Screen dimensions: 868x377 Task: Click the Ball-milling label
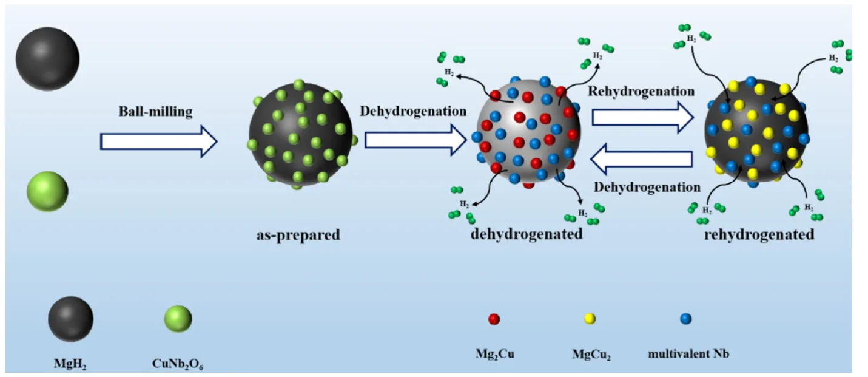tap(155, 112)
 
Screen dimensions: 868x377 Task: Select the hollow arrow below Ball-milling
tap(159, 141)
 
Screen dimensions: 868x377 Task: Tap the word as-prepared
tap(298, 235)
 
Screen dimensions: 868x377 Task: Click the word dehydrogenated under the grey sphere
tap(527, 234)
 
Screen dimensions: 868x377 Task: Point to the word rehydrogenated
tap(759, 235)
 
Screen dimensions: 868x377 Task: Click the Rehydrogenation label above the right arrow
tap(641, 92)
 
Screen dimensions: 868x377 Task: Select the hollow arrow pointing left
tap(641, 159)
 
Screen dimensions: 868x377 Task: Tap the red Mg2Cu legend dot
tap(494, 319)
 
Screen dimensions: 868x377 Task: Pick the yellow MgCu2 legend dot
tap(590, 319)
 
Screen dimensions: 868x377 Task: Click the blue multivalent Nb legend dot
tap(686, 319)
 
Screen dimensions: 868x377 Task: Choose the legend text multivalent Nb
tap(688, 354)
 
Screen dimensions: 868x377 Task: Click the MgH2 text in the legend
tap(70, 364)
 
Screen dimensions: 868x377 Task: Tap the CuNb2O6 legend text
tap(178, 364)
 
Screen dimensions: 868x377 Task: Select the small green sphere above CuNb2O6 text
tap(178, 319)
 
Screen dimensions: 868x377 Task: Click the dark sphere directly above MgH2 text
tap(70, 319)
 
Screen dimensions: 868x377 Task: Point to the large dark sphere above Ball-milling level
tap(48, 59)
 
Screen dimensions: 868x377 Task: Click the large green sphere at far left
tap(47, 192)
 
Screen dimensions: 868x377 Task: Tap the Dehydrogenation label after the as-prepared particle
tap(413, 111)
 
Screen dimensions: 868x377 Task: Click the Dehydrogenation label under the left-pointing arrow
tap(647, 188)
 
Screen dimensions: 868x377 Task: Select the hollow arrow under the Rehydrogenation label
tap(642, 118)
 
